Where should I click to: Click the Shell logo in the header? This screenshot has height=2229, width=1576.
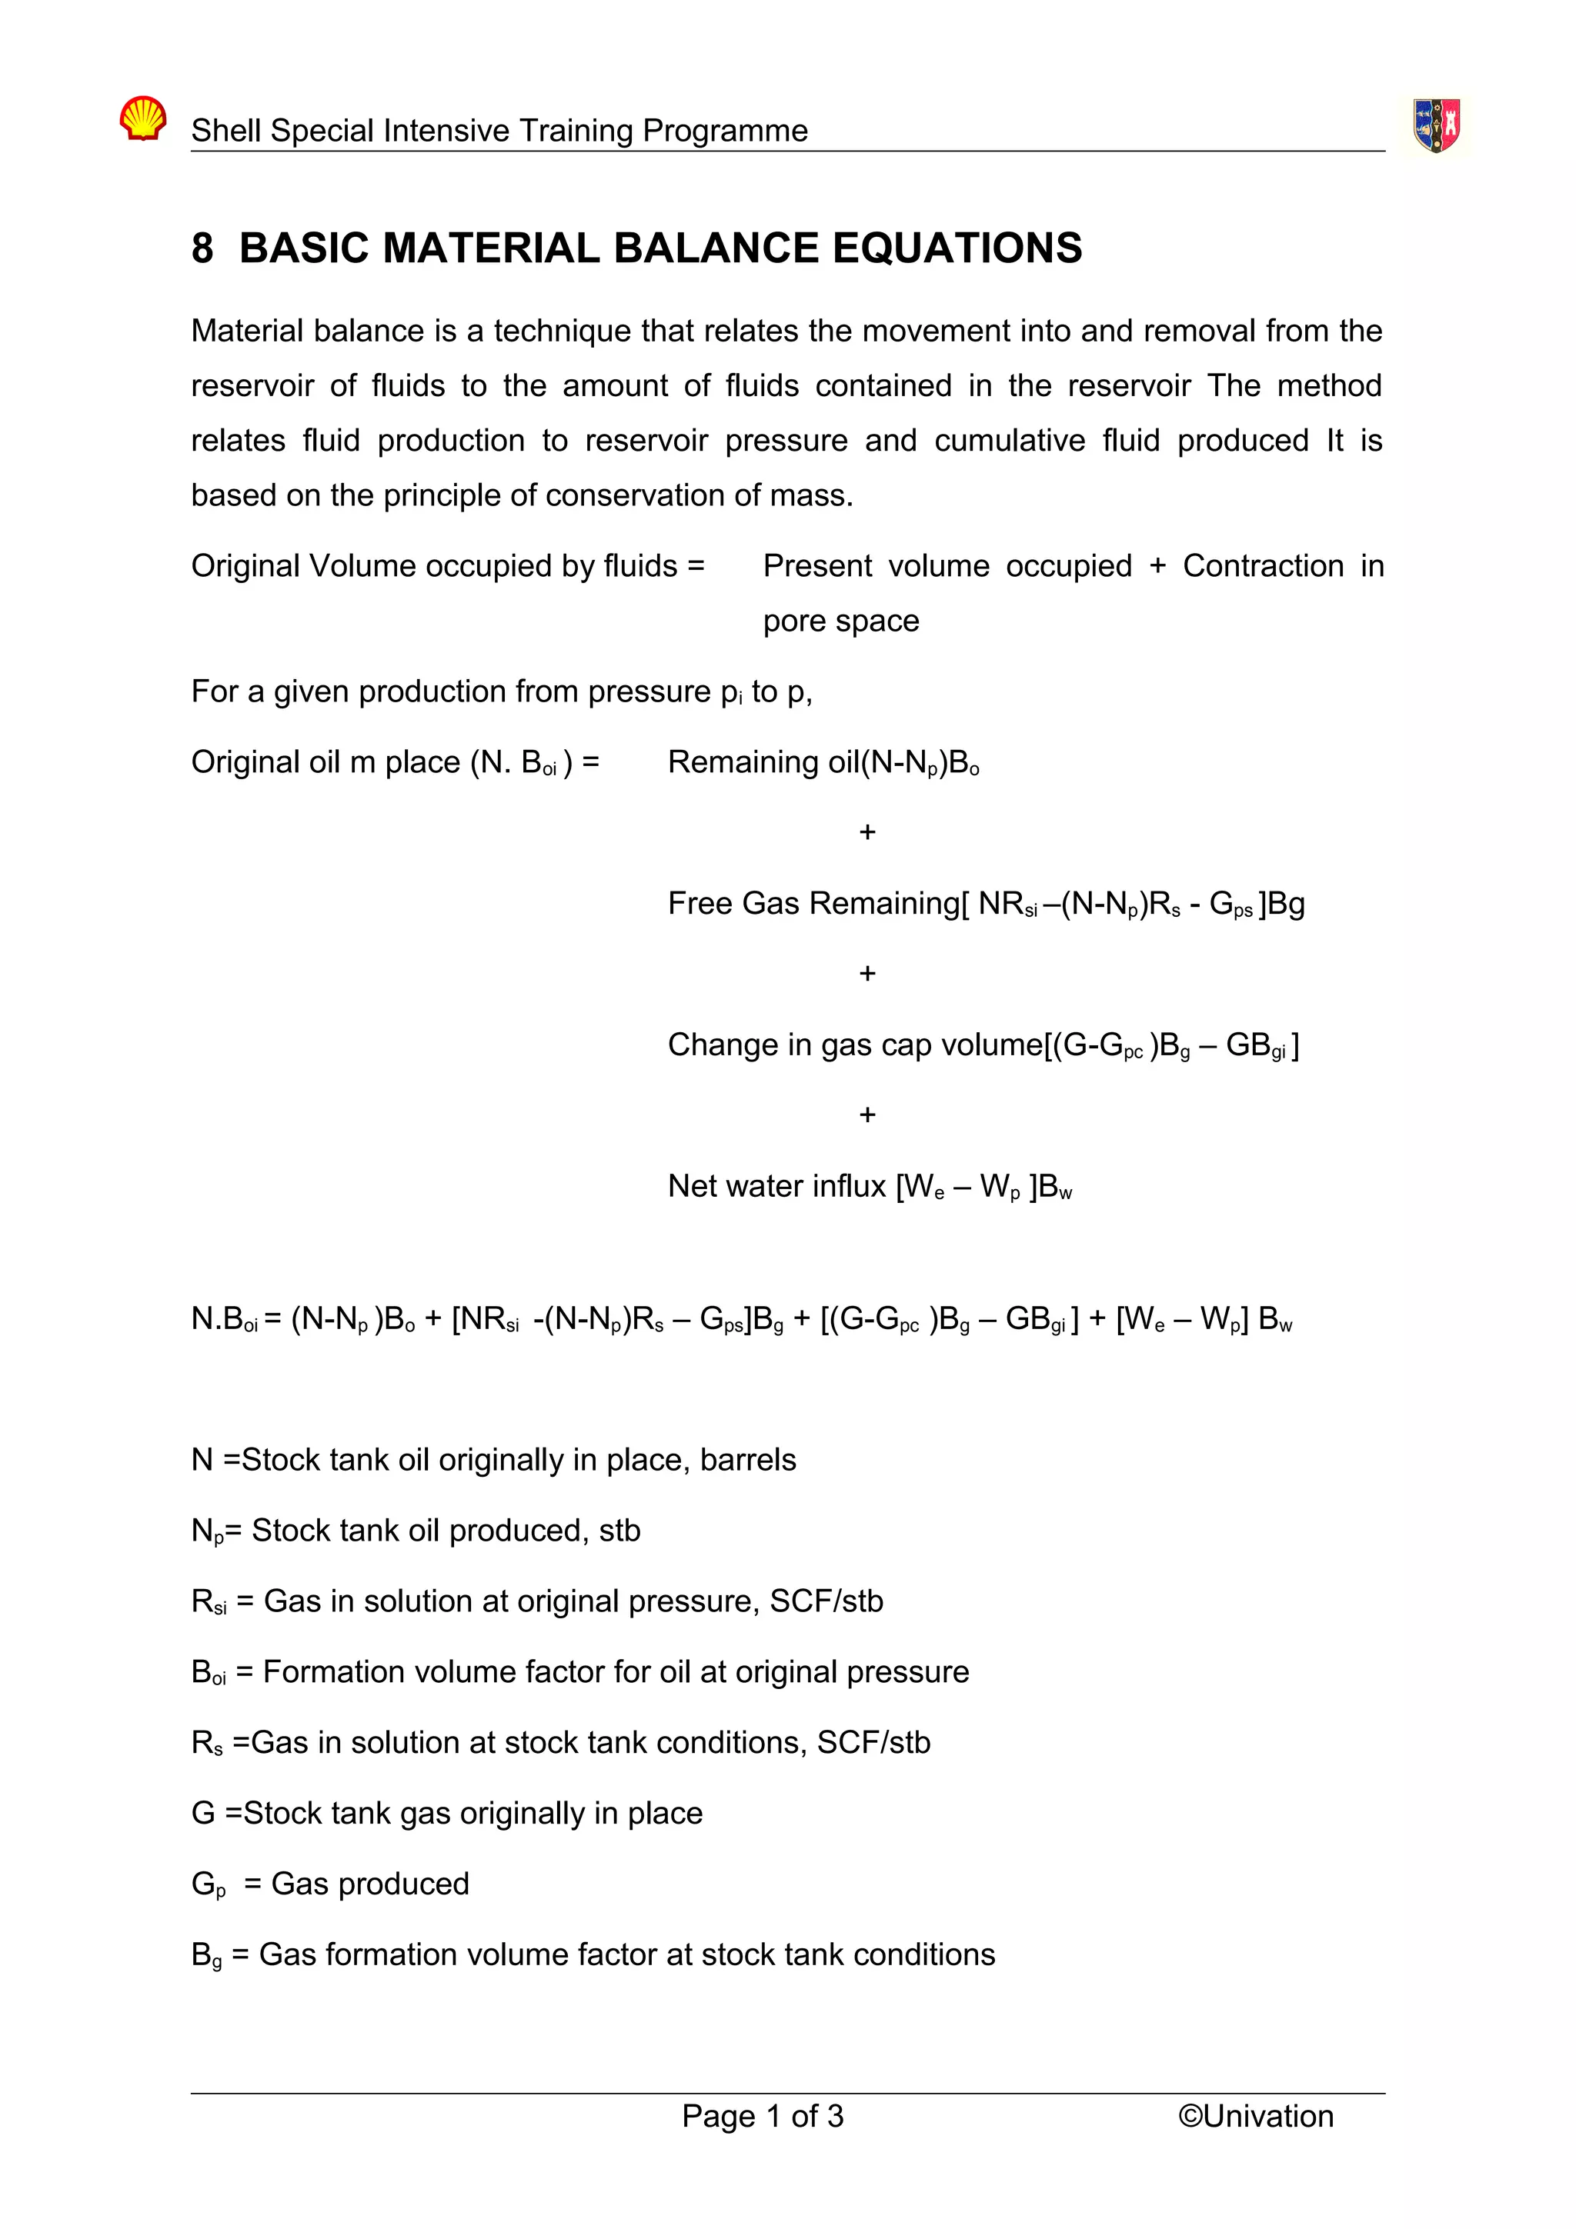click(142, 118)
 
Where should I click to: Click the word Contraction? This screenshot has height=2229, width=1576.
click(1262, 566)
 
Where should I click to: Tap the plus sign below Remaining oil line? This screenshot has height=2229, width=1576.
click(867, 832)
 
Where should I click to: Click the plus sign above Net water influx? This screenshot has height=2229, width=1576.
click(867, 1114)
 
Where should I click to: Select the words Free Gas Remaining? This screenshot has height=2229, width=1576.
click(813, 904)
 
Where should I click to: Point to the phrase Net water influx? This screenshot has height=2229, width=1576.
click(776, 1186)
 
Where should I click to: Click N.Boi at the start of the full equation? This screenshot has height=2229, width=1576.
click(223, 1319)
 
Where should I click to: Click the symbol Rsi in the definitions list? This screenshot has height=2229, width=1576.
click(208, 1602)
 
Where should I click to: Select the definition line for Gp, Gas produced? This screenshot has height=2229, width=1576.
click(330, 1884)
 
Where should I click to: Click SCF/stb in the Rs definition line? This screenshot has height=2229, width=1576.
click(873, 1743)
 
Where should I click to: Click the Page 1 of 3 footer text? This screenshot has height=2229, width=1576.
click(763, 2117)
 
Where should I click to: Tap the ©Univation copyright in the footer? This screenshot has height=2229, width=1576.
click(1256, 2117)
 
